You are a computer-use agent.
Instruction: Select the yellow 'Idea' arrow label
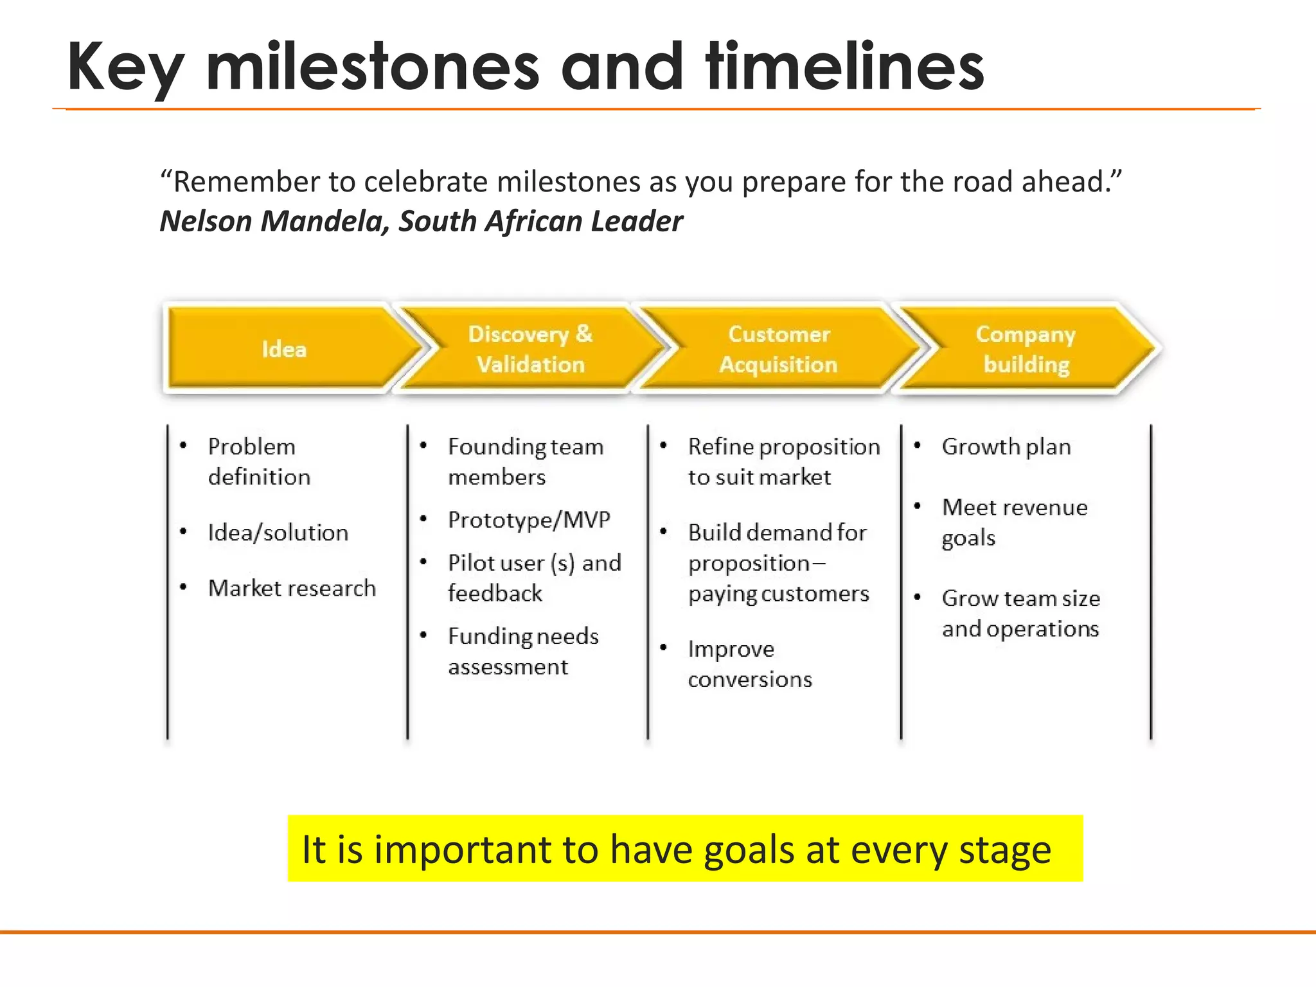tap(284, 349)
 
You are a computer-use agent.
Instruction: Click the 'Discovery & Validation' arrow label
tap(530, 349)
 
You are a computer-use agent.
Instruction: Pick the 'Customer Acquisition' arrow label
tap(778, 349)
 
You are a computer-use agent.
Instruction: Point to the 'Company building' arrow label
tap(1026, 349)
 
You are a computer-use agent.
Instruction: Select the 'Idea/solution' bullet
tap(278, 533)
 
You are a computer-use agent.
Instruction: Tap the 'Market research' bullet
tap(292, 588)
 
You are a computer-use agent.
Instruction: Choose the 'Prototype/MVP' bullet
tap(529, 519)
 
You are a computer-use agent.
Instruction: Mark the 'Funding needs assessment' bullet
tap(522, 651)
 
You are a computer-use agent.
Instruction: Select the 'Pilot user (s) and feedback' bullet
tap(533, 578)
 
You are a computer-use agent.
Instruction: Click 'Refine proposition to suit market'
tap(783, 461)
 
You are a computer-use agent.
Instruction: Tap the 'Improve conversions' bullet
tap(749, 664)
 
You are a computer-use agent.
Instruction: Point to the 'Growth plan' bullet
tap(1006, 447)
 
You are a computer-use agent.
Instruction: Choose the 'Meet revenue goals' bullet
tap(1014, 522)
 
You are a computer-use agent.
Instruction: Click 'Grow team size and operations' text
tap(1020, 613)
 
